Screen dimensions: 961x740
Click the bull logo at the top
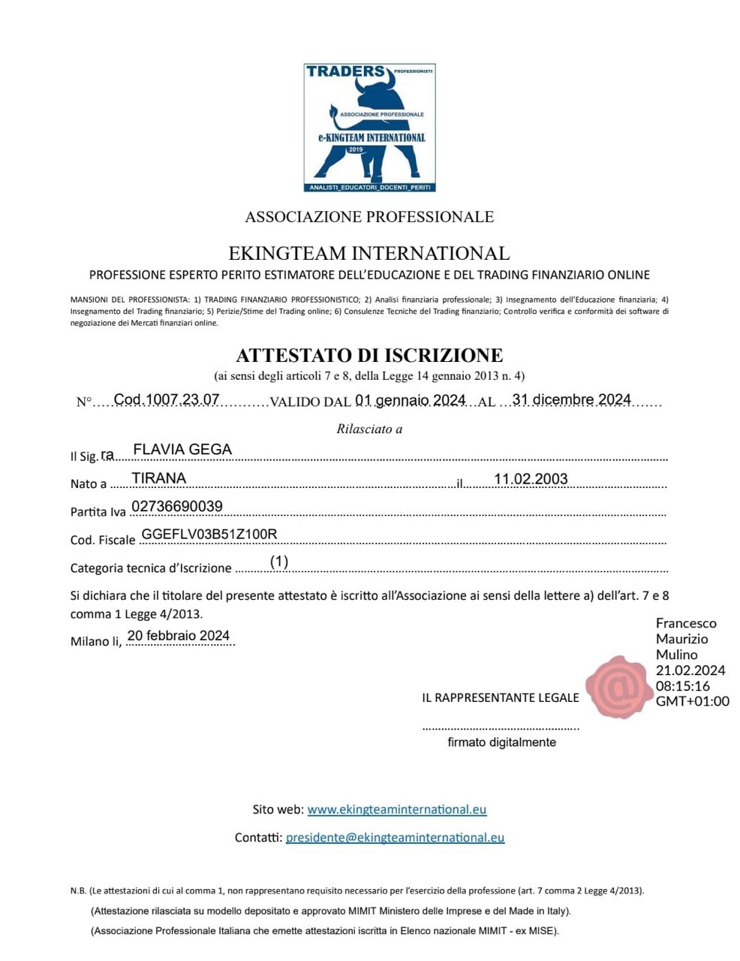click(x=370, y=128)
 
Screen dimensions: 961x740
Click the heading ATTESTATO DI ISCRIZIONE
click(x=369, y=355)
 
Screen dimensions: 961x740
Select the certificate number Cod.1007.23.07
click(x=167, y=399)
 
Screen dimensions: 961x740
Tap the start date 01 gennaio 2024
click(x=411, y=400)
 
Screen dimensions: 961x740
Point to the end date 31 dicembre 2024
click(x=571, y=399)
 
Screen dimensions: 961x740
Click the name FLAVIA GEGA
click(x=182, y=449)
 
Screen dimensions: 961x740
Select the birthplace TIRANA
click(x=159, y=478)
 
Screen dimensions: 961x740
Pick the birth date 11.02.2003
click(x=531, y=479)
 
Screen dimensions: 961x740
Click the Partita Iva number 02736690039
click(x=177, y=506)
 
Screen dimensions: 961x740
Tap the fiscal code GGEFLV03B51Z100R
click(x=209, y=534)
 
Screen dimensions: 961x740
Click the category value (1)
click(x=279, y=561)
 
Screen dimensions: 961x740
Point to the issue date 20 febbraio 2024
click(x=179, y=635)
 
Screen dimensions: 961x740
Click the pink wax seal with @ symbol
click(x=619, y=686)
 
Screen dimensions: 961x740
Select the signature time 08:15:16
click(x=683, y=685)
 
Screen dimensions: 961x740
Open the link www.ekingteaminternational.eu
click(x=397, y=809)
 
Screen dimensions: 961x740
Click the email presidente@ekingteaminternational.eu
click(x=395, y=837)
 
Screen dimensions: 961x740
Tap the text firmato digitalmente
click(x=501, y=742)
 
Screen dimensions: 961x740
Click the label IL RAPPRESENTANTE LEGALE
click(x=501, y=697)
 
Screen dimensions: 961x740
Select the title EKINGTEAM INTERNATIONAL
click(x=369, y=253)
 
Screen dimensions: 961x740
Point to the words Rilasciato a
click(x=369, y=429)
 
